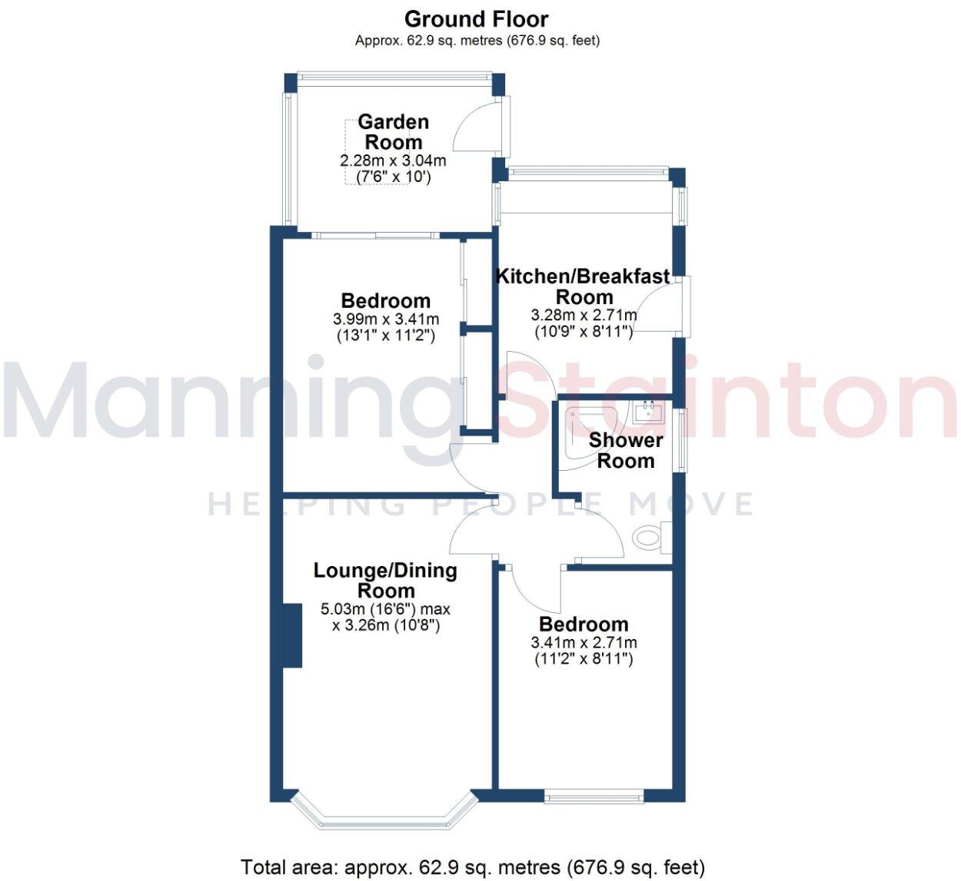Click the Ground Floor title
477,18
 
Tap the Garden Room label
393,132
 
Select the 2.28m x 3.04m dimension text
393,161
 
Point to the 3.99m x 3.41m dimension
386,320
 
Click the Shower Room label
626,450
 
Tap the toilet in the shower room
650,536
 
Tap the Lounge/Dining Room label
385,581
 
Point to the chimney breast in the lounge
291,635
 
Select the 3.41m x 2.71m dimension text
584,643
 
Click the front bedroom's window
594,797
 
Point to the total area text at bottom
472,868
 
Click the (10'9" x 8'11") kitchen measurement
584,332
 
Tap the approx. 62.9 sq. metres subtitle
477,41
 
